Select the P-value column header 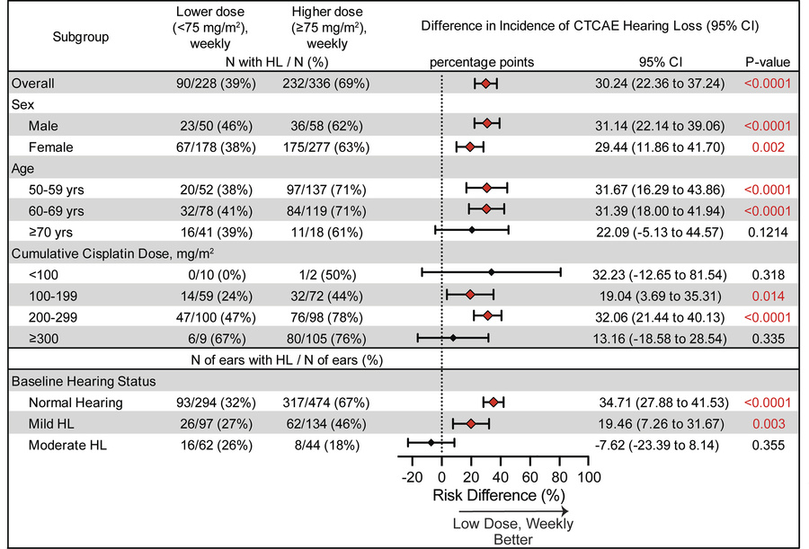(767, 62)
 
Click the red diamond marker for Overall (485, 84)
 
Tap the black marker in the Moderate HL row (431, 442)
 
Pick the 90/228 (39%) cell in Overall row (217, 84)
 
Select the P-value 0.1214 (767, 230)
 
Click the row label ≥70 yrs (49, 230)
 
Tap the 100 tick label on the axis (587, 476)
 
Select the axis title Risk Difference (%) (499, 495)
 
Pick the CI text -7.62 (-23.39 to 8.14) (665, 442)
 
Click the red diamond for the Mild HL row (469, 422)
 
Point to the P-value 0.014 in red (767, 294)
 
